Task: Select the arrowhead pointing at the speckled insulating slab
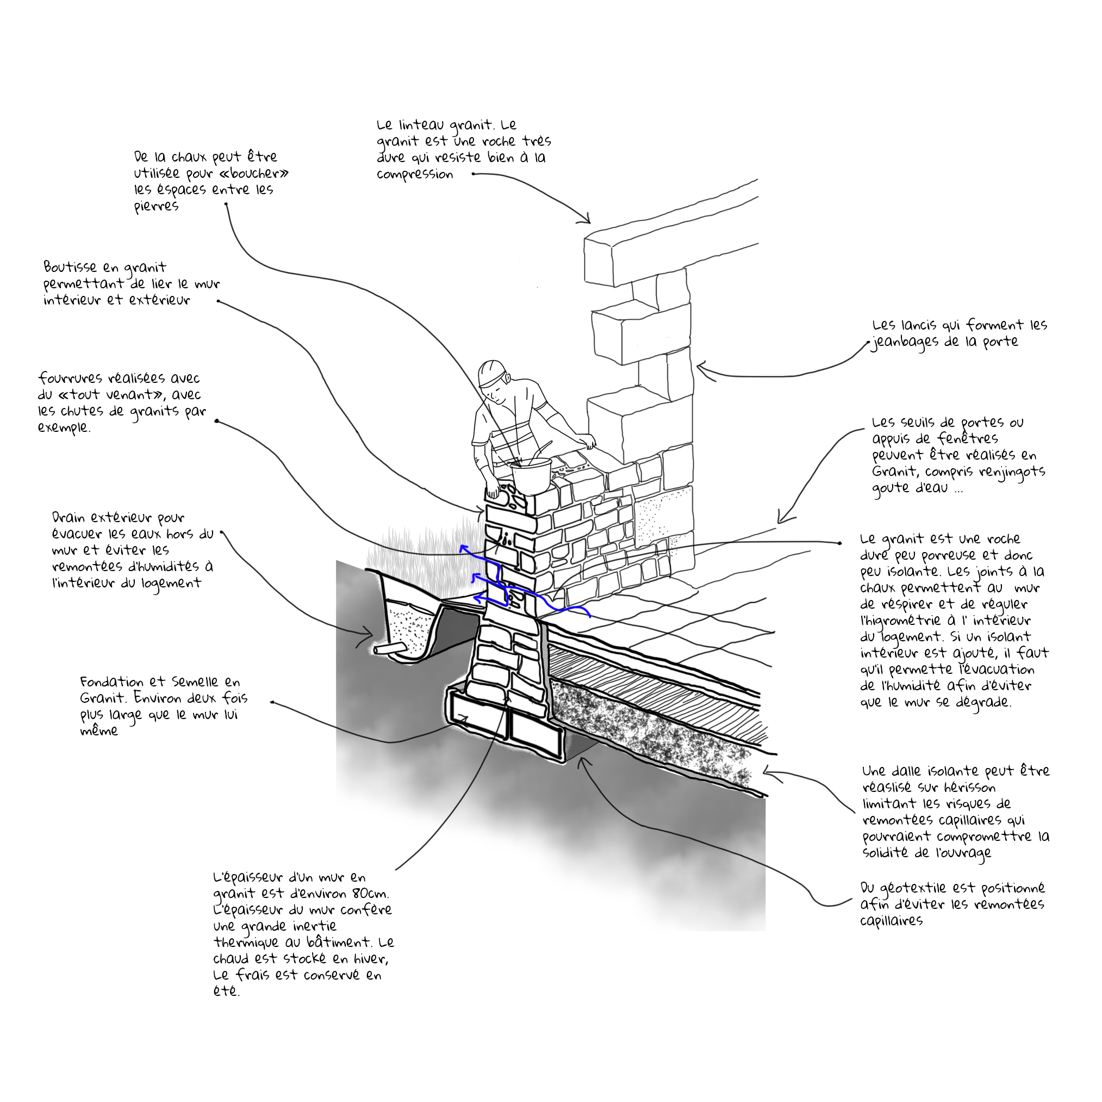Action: (x=767, y=773)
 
